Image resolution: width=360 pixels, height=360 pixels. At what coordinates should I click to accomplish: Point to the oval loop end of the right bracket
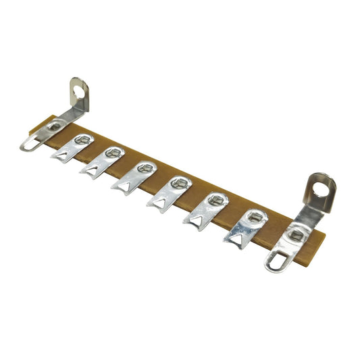[x=276, y=261]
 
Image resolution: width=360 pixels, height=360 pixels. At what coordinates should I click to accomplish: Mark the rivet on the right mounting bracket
[x=297, y=234]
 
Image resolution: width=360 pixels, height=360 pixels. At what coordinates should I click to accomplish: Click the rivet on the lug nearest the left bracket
[x=83, y=140]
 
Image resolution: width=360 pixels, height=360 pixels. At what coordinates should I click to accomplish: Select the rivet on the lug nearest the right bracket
[x=255, y=216]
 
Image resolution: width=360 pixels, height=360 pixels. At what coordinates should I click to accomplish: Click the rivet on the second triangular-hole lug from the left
[x=113, y=153]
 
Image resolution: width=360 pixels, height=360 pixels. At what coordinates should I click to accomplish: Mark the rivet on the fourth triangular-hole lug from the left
[x=179, y=182]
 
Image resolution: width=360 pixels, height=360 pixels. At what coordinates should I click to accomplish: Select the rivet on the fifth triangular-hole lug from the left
[x=215, y=199]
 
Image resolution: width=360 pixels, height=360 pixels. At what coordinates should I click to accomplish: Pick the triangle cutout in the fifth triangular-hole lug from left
[x=195, y=220]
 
